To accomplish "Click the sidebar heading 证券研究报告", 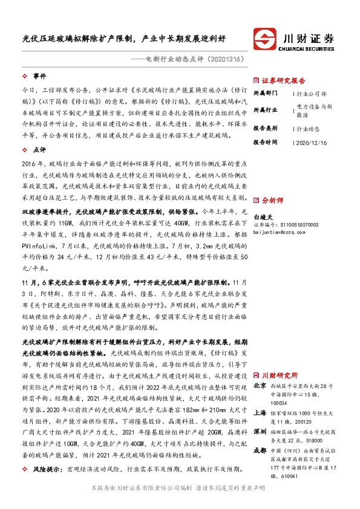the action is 283,79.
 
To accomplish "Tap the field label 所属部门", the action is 265,94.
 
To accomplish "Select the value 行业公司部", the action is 313,95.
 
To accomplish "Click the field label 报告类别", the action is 265,129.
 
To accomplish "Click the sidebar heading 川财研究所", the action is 280,374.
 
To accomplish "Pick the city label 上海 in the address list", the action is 260,411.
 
